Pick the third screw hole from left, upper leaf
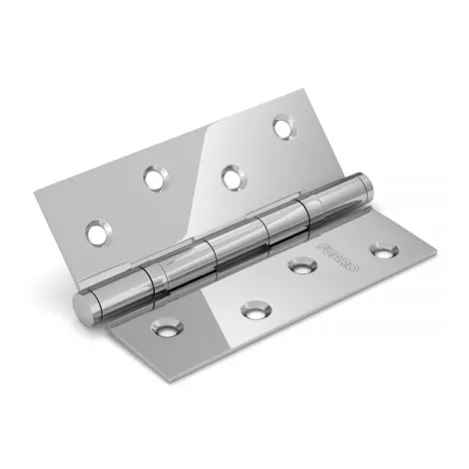pyautogui.click(x=232, y=177)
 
